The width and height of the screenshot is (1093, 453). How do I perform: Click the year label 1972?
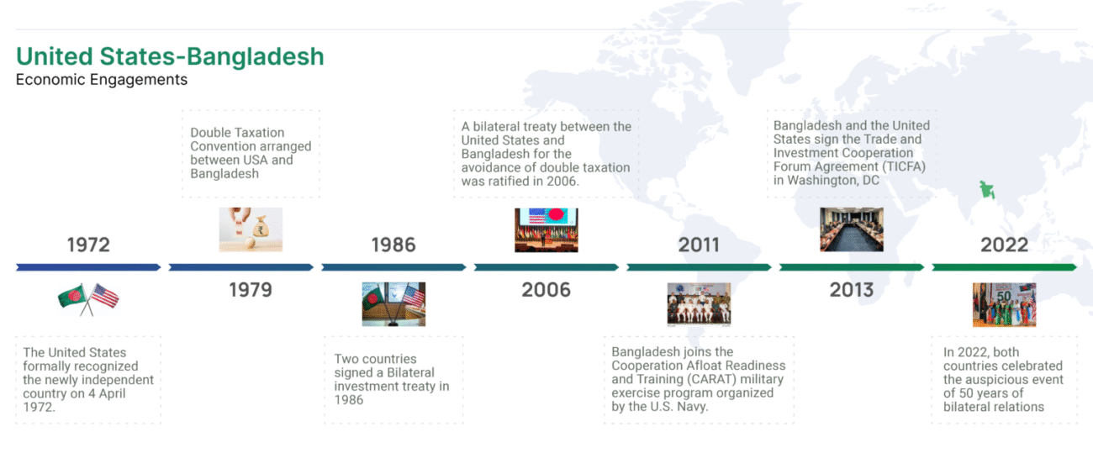tap(88, 245)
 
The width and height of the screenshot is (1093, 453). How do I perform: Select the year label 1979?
tap(251, 290)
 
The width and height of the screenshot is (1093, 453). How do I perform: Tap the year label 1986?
tap(393, 245)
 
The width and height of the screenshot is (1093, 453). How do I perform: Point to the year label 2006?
tap(546, 290)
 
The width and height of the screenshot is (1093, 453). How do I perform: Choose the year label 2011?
tap(699, 245)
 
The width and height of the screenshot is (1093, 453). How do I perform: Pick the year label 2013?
tap(852, 290)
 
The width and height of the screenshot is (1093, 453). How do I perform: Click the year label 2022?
tap(1004, 245)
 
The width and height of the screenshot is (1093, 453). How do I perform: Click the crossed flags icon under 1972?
tap(88, 299)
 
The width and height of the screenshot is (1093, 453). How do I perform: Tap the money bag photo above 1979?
tap(251, 229)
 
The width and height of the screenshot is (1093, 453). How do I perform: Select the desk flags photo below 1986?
tap(393, 304)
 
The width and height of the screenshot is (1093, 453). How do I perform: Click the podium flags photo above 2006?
tap(546, 230)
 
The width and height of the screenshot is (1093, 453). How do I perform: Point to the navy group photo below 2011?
tap(700, 304)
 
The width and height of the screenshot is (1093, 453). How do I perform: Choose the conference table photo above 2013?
tap(852, 229)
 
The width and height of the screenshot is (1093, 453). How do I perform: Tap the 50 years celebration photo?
tap(1004, 305)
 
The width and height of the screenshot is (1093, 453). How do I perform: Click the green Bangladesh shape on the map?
tap(987, 190)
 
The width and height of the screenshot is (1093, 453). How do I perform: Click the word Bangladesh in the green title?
tap(256, 56)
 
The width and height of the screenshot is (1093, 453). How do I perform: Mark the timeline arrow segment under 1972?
tap(88, 267)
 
